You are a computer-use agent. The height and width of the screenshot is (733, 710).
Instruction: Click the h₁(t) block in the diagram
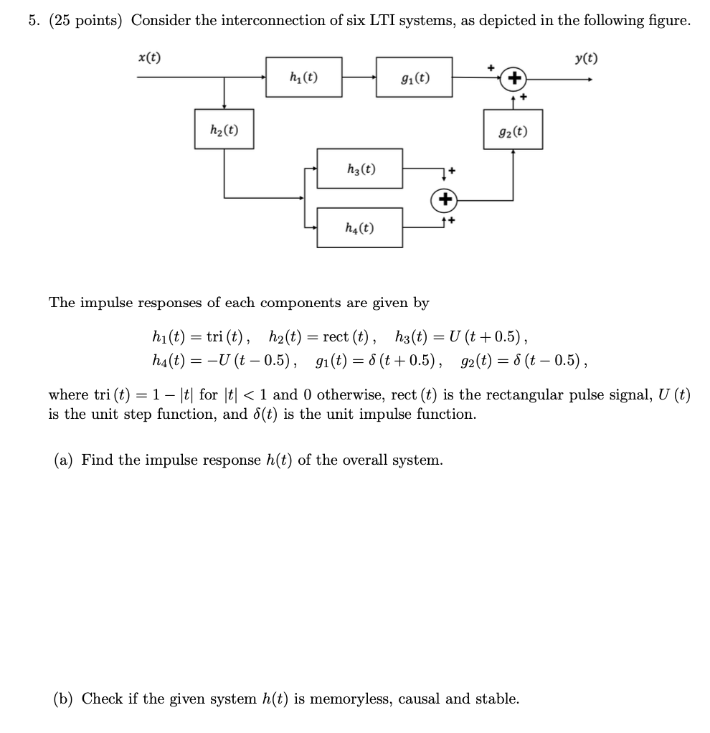pos(304,77)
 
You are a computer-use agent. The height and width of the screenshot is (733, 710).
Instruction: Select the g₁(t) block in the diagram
pos(414,77)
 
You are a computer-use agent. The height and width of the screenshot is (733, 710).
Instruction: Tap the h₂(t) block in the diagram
pos(224,129)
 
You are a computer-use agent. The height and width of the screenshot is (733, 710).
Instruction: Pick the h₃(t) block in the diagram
pos(360,169)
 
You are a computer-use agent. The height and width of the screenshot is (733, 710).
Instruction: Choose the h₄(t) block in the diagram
pos(359,227)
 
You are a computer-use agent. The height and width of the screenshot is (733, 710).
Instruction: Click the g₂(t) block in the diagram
pos(513,130)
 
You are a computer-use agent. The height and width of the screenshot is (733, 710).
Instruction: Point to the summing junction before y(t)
pos(513,77)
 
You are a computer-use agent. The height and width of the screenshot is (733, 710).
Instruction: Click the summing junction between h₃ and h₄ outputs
pos(443,199)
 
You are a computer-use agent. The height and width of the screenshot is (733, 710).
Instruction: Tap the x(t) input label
pos(149,57)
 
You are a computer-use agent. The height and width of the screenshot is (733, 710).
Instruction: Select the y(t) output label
pos(586,58)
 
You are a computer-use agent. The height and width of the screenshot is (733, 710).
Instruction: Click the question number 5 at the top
pos(33,21)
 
